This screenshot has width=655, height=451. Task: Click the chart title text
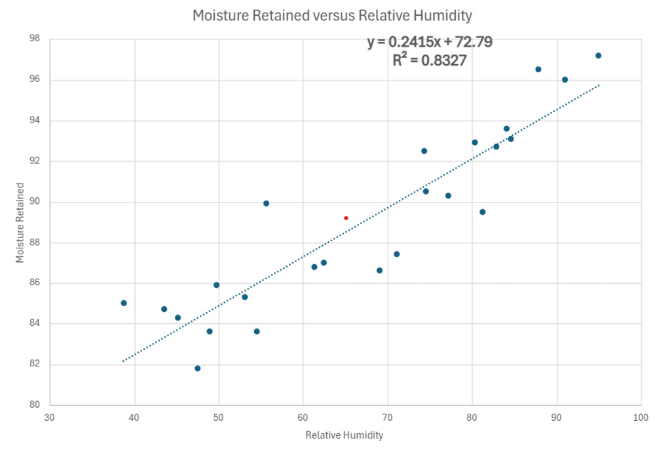coord(332,15)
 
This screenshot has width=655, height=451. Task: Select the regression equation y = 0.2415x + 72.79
coord(430,43)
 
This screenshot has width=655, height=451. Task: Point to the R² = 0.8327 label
coord(430,61)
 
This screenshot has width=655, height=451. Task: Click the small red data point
coord(346,218)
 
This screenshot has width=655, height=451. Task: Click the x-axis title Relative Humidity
coord(344,435)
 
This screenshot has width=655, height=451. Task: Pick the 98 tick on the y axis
coord(35,39)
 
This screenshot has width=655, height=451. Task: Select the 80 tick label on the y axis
coord(35,405)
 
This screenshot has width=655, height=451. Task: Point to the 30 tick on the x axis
coord(50,417)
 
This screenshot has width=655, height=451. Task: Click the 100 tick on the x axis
coord(641,417)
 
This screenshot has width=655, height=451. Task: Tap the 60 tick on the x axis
coord(303,417)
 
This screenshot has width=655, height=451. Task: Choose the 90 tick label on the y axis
coord(35,202)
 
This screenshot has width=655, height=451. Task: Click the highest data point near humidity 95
coord(598,56)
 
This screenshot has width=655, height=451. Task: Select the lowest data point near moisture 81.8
coord(197,368)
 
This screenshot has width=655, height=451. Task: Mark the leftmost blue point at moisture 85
coord(124,303)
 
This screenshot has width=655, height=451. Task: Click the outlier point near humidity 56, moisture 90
coord(266,203)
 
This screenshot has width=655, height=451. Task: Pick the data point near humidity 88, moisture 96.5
coord(538,69)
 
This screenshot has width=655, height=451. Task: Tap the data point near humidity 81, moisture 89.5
coord(482,212)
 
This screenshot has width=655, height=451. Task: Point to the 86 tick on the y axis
coord(35,283)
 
